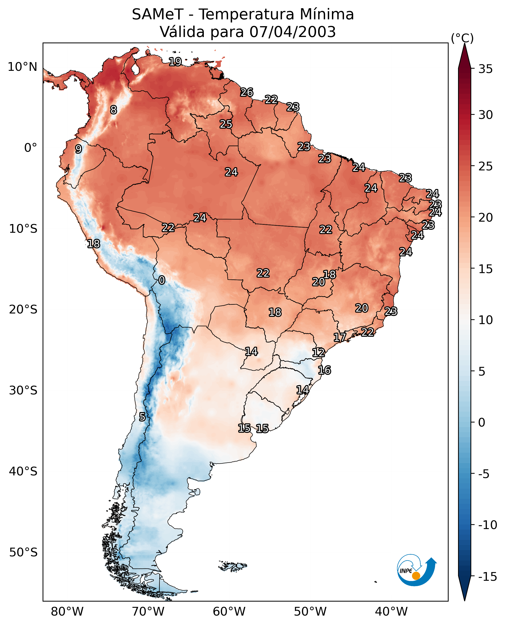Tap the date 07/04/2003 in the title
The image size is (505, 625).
292,32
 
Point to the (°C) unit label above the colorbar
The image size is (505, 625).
462,38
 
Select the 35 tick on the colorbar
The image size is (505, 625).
485,69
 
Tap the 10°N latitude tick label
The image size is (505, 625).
23,67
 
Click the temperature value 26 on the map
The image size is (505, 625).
247,92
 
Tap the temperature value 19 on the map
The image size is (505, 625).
176,62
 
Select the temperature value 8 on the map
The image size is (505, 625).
114,110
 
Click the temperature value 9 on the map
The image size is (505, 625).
78,149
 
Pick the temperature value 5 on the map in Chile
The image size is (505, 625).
142,417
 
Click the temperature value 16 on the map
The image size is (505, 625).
324,370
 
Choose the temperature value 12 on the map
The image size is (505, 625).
319,352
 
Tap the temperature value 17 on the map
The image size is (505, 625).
339,337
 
